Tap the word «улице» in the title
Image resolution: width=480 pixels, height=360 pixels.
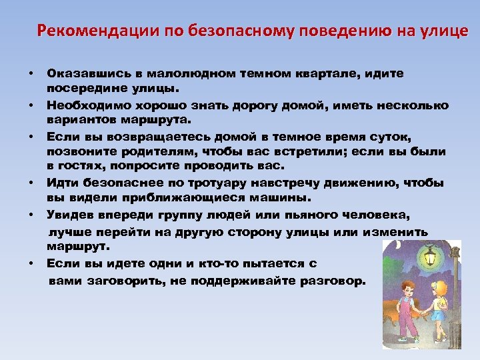[x=441, y=31]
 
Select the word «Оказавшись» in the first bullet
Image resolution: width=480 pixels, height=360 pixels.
[x=81, y=73]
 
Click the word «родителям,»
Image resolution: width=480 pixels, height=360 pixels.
[x=153, y=151]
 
